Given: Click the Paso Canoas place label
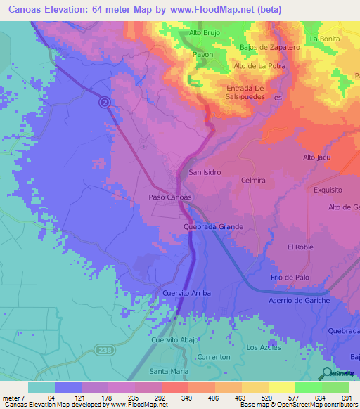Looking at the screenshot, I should pyautogui.click(x=169, y=197).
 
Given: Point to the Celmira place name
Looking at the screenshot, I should pyautogui.click(x=252, y=181).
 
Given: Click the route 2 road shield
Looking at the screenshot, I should pyautogui.click(x=105, y=102).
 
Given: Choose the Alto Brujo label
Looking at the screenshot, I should pyautogui.click(x=206, y=32).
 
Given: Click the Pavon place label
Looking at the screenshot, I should pyautogui.click(x=203, y=53).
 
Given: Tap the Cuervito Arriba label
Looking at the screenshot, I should pyautogui.click(x=186, y=292).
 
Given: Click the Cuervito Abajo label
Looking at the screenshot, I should pyautogui.click(x=176, y=339).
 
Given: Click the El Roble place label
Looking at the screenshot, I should pyautogui.click(x=300, y=247).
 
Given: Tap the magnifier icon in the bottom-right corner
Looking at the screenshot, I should pyautogui.click(x=328, y=374).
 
